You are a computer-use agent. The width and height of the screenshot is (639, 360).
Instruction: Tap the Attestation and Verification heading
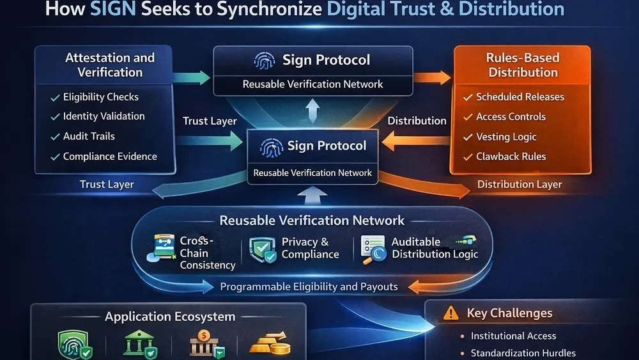coord(110,65)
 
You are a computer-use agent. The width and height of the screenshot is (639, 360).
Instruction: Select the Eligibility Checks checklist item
coord(100,97)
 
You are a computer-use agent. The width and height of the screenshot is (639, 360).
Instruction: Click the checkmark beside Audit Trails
coord(55,137)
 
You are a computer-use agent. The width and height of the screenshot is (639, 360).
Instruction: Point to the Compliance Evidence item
coord(109,156)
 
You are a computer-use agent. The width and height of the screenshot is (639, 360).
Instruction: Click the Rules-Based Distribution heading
coord(523,65)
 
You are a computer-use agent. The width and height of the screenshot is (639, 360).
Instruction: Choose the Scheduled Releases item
coord(520,97)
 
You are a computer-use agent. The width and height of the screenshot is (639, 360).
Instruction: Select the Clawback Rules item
coord(511,157)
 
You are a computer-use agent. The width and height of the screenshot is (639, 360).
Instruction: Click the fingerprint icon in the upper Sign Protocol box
coord(265,61)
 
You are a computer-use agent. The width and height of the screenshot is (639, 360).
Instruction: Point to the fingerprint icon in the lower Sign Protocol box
coord(272,146)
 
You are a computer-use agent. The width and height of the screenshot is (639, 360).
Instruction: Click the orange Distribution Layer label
coord(520,184)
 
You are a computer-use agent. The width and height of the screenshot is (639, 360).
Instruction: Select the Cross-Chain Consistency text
coord(207,253)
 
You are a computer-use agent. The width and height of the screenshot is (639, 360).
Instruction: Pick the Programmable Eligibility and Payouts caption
coord(309,286)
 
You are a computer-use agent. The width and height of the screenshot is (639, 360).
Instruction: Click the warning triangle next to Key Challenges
coord(451,313)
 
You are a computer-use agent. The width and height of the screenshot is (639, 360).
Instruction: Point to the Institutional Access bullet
coord(513,336)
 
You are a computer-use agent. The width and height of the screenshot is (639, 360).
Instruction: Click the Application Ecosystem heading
coord(170,317)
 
